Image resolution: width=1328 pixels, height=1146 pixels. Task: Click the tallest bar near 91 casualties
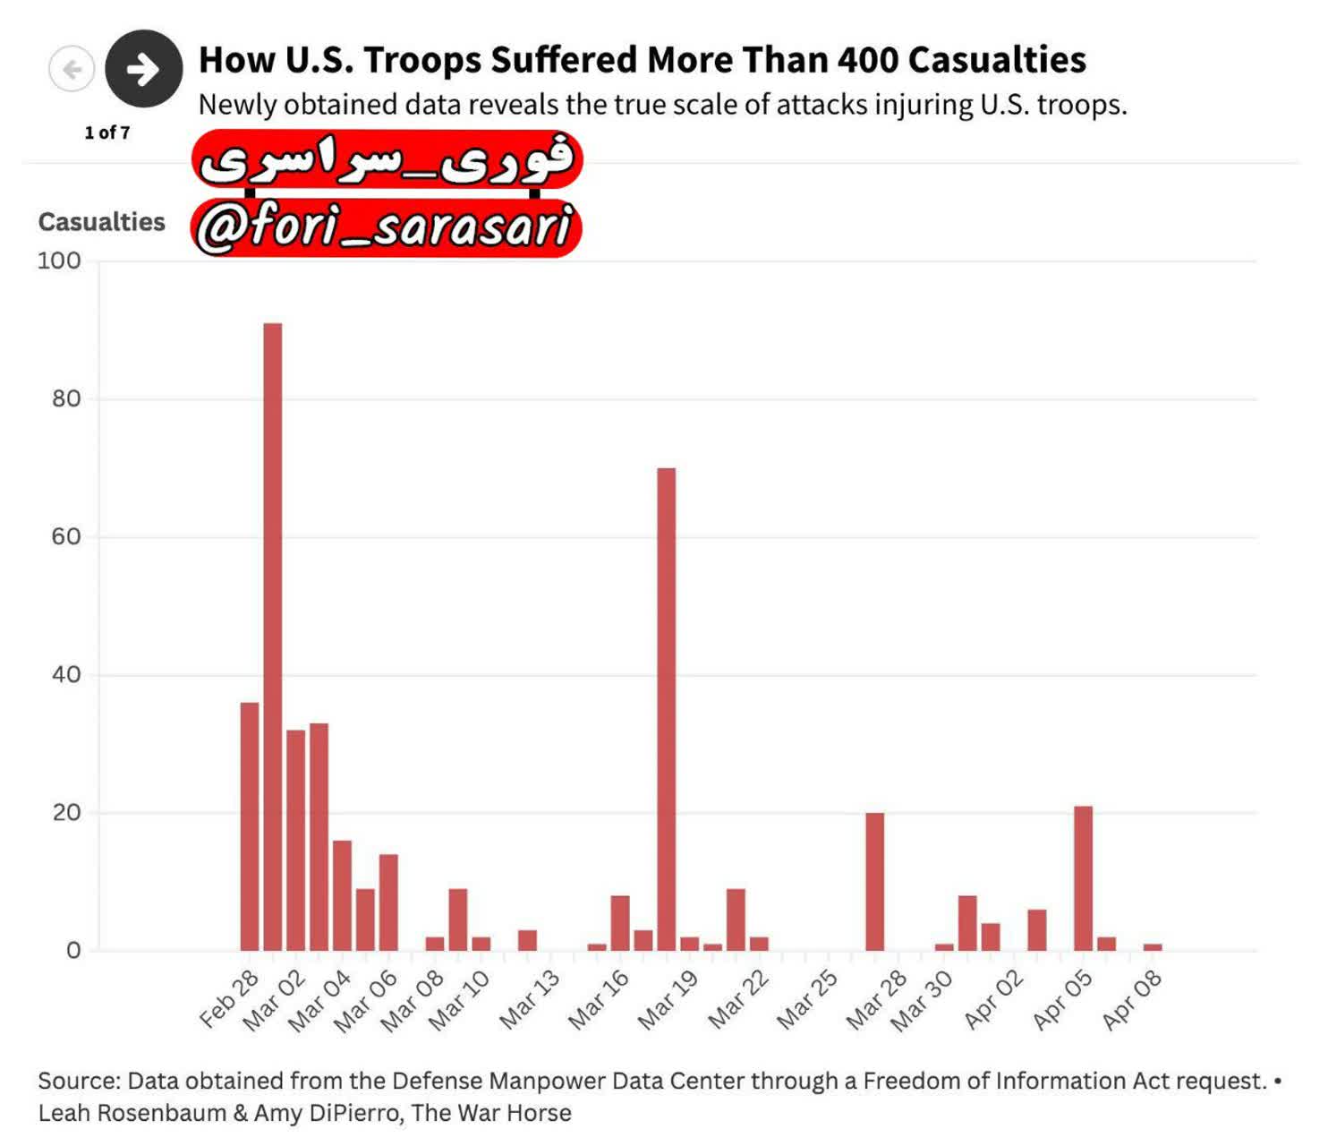click(272, 637)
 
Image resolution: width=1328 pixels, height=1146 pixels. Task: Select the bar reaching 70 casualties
click(667, 709)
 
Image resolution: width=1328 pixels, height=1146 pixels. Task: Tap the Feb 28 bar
click(250, 826)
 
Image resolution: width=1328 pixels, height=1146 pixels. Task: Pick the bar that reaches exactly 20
click(874, 882)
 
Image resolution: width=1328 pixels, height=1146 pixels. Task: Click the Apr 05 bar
click(1083, 878)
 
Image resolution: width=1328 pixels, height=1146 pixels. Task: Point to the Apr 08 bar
click(1153, 946)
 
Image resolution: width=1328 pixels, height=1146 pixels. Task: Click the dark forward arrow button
click(144, 68)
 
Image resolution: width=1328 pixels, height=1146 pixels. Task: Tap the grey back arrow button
click(72, 69)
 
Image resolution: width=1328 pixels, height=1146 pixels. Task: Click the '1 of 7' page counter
click(107, 133)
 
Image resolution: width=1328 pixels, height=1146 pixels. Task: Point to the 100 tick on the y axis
click(59, 261)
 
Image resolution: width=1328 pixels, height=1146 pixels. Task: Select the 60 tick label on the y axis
click(66, 536)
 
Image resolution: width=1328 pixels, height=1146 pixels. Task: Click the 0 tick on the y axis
click(73, 951)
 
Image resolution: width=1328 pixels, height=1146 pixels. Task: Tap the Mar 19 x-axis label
click(668, 999)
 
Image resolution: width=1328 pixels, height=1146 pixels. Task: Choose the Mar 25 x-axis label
click(807, 999)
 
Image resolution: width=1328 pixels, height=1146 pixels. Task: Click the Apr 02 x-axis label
click(993, 999)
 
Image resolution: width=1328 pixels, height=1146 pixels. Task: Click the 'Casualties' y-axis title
click(101, 222)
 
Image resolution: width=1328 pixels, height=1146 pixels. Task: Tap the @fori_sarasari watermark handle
click(386, 227)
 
